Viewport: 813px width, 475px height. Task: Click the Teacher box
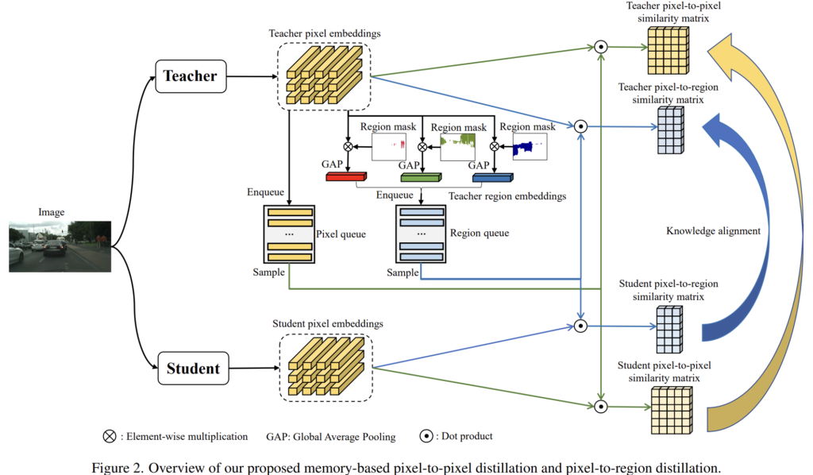pos(190,76)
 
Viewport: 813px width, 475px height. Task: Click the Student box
pos(192,369)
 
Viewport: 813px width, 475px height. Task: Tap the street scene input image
pos(60,247)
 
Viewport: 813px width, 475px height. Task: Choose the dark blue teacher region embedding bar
pos(491,176)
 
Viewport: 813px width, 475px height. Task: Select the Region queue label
pos(480,234)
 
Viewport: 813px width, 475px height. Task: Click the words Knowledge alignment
pos(712,231)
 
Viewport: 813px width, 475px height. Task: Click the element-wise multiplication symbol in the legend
pos(109,436)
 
